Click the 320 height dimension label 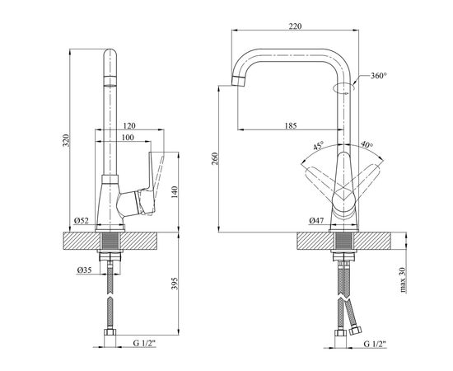67,140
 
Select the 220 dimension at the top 295,26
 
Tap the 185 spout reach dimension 291,126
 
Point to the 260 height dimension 215,159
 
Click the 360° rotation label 379,76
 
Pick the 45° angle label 319,145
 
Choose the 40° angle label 367,144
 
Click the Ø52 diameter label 82,221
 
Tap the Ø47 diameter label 316,221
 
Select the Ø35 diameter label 84,270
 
